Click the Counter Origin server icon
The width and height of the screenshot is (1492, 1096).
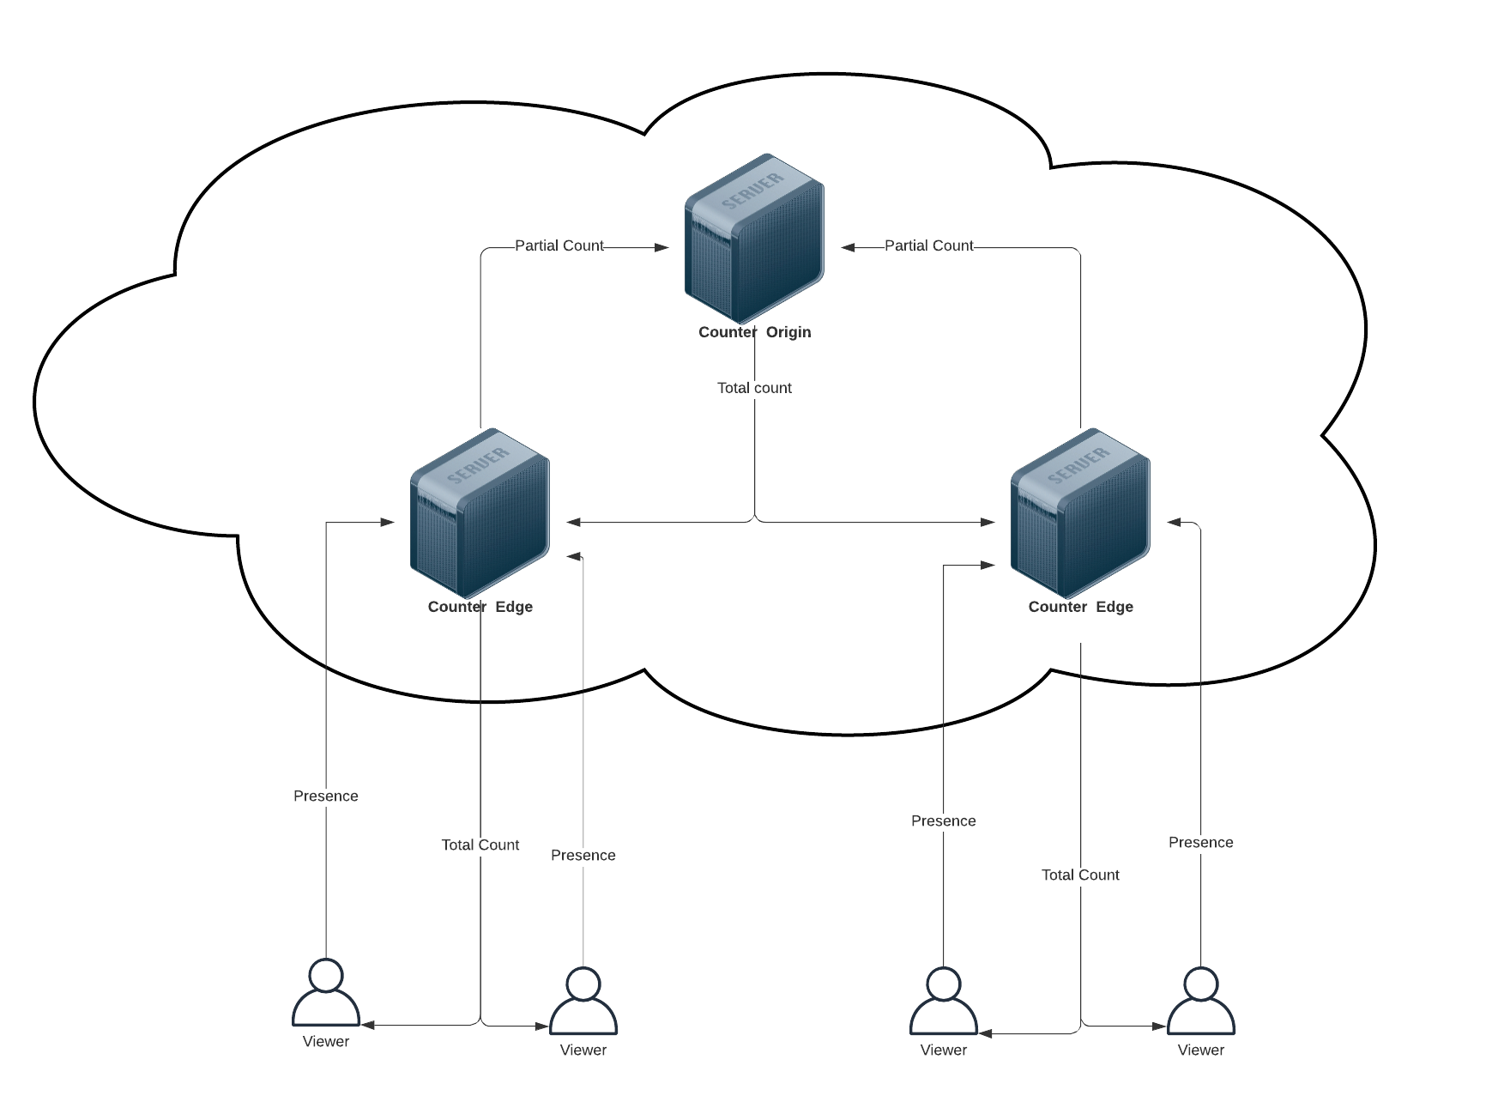coord(754,238)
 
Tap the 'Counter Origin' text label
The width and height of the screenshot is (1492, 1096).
coord(754,332)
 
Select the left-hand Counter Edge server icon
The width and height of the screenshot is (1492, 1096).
coord(480,512)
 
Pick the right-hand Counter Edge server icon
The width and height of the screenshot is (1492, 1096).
coord(1080,512)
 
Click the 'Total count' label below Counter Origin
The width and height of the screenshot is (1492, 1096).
coord(754,388)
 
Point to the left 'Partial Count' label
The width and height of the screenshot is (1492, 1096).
coord(559,245)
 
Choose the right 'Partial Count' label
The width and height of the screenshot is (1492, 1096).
coord(929,245)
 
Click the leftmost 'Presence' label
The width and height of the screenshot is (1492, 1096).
coord(326,796)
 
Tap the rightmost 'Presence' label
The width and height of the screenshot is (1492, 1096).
coord(1200,842)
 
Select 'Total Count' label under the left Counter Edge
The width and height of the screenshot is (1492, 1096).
coord(480,845)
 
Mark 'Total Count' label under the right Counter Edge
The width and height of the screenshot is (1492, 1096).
coord(1080,875)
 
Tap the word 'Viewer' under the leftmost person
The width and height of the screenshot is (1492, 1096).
coord(326,1041)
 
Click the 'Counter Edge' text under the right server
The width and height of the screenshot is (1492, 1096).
coord(1080,607)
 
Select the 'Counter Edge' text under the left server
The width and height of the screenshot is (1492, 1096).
coord(480,607)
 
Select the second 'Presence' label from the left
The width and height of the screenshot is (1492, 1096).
coord(583,855)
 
